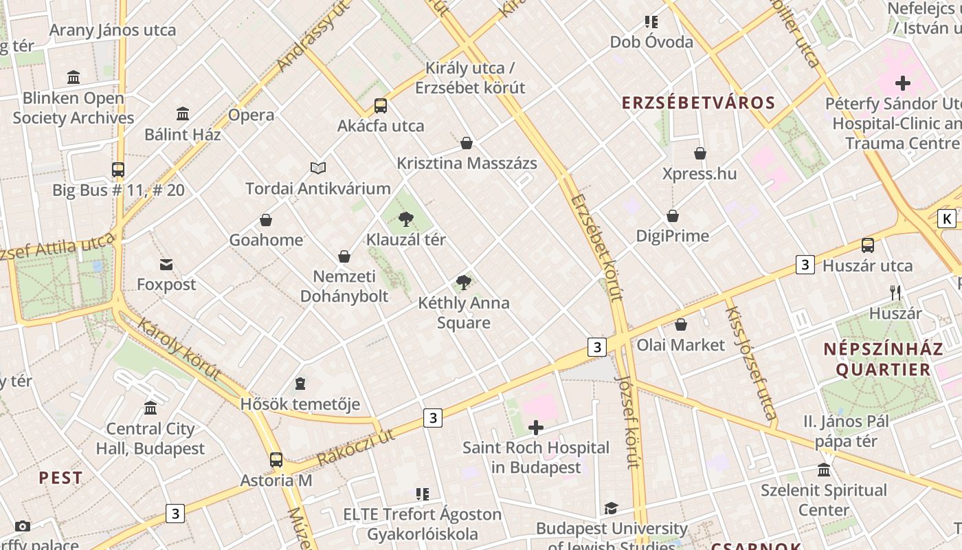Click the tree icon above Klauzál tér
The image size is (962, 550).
406,219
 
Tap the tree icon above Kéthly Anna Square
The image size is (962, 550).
464,282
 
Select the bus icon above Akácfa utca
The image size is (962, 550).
381,106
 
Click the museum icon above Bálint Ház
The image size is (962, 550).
183,113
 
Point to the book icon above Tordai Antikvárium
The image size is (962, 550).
317,168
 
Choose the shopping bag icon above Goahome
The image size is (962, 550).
266,220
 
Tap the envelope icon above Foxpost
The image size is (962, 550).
166,265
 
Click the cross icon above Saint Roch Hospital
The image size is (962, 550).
536,428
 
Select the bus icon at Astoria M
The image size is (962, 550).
276,460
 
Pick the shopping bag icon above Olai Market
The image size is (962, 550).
681,324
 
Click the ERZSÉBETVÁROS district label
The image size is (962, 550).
698,103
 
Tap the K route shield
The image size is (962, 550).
947,219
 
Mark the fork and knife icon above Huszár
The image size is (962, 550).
895,293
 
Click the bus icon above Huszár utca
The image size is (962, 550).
868,245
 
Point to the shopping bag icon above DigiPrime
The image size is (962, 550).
673,216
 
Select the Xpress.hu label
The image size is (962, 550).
700,173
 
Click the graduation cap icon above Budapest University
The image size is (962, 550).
611,509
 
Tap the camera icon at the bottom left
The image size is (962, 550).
23,527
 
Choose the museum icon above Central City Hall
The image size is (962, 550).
150,408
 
